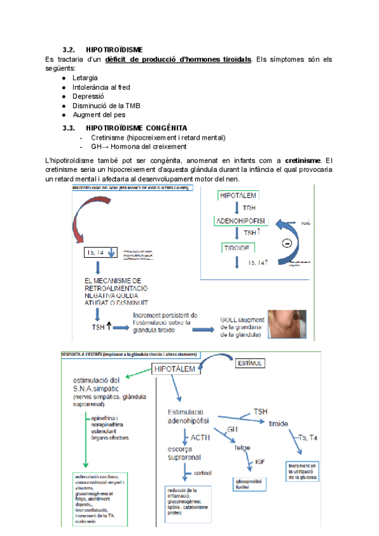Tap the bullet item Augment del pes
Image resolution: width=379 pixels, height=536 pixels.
point(99,115)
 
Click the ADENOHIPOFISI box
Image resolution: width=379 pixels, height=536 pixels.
point(241,221)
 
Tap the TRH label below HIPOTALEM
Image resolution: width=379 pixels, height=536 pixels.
point(249,208)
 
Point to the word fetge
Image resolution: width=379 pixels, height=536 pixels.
point(243,448)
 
